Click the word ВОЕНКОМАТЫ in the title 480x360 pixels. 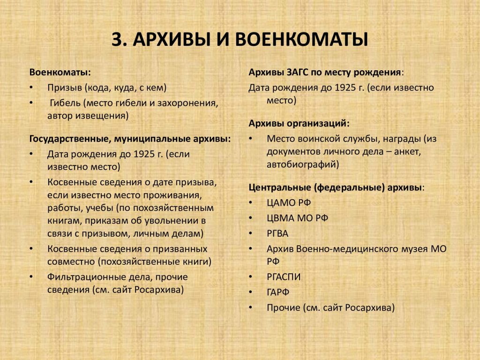(x=301, y=39)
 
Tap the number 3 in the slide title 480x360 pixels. (x=118, y=39)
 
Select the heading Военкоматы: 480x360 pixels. (x=60, y=72)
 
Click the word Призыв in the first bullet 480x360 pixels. (x=64, y=88)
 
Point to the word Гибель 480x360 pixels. (x=65, y=103)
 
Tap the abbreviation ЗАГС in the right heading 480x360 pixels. (x=298, y=73)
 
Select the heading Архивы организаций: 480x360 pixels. (x=299, y=124)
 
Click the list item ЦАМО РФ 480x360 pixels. (x=289, y=202)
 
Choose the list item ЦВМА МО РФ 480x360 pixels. (x=297, y=218)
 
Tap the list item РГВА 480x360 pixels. (x=277, y=233)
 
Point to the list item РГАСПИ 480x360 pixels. (x=284, y=277)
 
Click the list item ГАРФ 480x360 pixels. (x=278, y=292)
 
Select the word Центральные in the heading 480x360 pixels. (x=280, y=187)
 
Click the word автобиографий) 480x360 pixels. (x=303, y=165)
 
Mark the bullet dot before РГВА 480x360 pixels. (x=250, y=233)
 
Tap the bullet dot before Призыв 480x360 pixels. (x=31, y=88)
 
